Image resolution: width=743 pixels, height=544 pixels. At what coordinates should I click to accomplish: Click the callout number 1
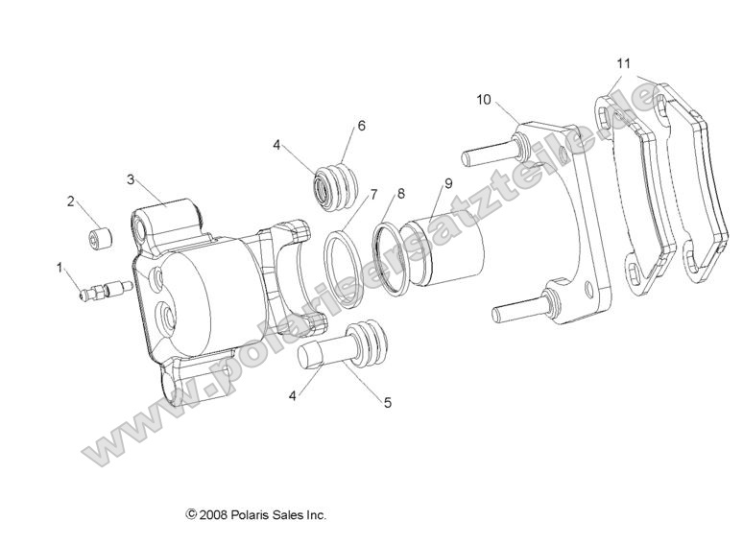click(60, 266)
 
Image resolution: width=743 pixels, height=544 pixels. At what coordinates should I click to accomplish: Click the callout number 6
click(361, 126)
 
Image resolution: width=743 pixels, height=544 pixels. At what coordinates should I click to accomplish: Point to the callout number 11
click(624, 63)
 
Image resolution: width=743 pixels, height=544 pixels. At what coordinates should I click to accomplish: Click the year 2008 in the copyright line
click(213, 515)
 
